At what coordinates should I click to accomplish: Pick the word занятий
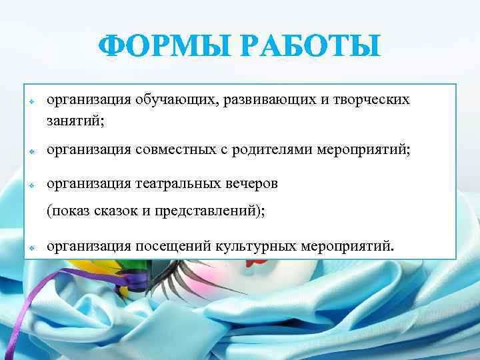[74, 121]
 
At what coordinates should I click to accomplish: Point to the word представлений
[207, 212]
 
